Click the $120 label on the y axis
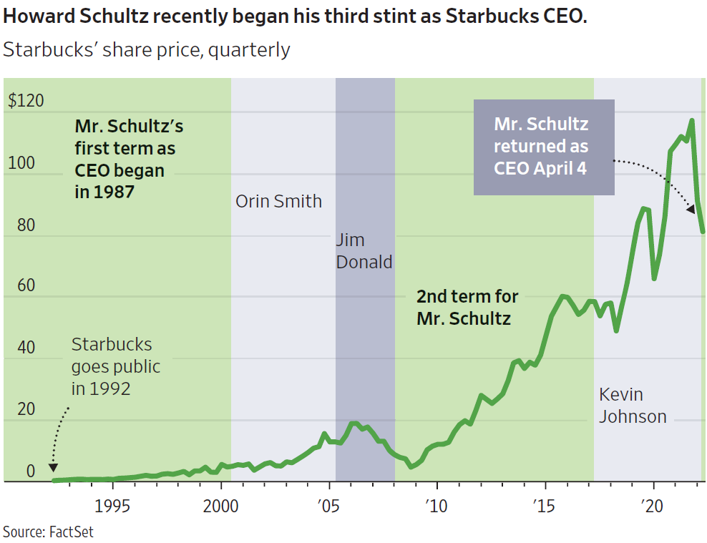click(26, 100)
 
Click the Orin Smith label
click(278, 201)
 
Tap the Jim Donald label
click(364, 251)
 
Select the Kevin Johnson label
click(633, 405)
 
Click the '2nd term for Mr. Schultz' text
click(467, 308)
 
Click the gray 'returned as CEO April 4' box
click(544, 147)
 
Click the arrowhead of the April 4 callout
click(691, 210)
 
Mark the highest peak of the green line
click(691, 120)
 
